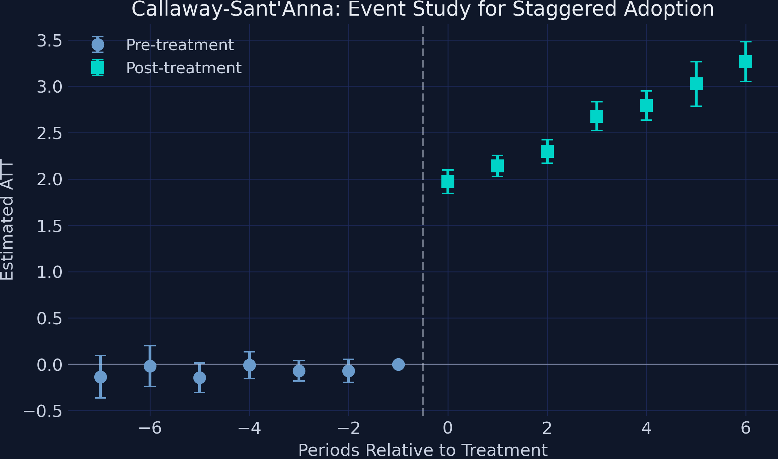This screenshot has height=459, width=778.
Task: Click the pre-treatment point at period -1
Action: point(398,364)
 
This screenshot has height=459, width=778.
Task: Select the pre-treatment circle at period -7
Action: point(100,377)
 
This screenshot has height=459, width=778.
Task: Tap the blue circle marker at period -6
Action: point(150,366)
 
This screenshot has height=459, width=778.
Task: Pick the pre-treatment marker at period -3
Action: point(299,371)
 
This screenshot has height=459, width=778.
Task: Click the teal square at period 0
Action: point(448,181)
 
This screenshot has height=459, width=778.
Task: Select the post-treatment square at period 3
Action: point(597,116)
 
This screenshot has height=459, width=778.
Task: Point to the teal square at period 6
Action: point(746,62)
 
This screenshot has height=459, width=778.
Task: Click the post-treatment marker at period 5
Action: point(696,84)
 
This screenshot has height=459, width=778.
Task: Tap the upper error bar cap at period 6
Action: point(746,42)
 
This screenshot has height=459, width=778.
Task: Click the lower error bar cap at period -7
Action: point(100,398)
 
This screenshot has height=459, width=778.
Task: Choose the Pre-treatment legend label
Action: point(180,45)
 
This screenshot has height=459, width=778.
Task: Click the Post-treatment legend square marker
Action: point(98,68)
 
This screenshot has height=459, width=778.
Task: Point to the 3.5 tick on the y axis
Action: point(50,41)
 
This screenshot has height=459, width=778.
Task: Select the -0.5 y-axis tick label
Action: point(43,411)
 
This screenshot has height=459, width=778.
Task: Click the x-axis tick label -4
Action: point(249,428)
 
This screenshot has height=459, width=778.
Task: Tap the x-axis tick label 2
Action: point(547,428)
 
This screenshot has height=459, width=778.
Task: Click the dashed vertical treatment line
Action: point(423,237)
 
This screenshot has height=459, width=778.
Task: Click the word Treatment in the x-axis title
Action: point(505,451)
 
